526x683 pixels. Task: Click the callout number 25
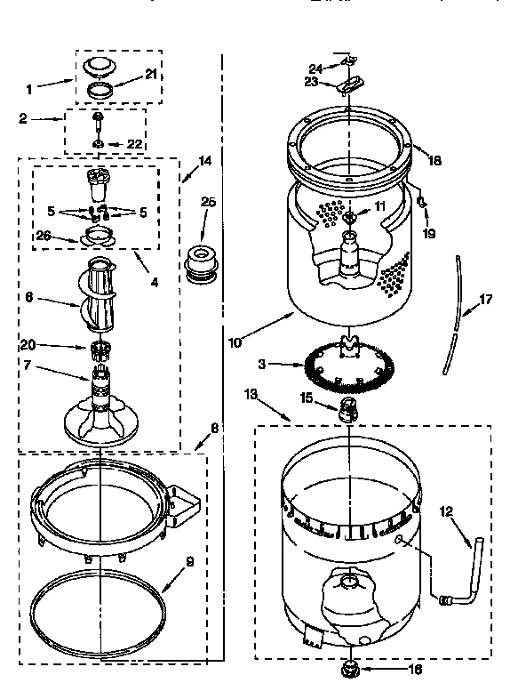[x=208, y=203]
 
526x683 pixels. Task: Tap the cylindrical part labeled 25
[x=202, y=262]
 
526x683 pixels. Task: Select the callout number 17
[x=486, y=300]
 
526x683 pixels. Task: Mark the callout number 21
[x=150, y=75]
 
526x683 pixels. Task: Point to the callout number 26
[x=44, y=236]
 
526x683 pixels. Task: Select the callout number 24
[x=315, y=68]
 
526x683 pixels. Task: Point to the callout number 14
[x=205, y=162]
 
